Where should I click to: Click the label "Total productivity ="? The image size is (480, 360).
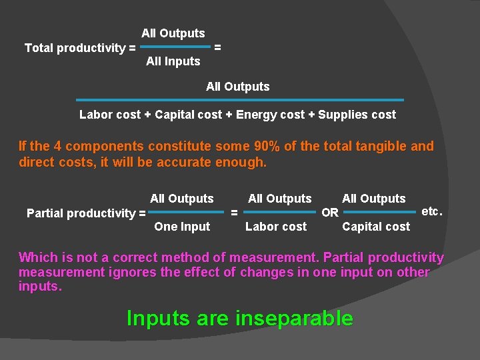coord(80,48)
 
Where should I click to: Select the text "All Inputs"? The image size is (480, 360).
coord(173,61)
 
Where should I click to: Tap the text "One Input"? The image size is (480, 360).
coord(182,227)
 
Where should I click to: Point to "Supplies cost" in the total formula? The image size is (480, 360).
coord(357,115)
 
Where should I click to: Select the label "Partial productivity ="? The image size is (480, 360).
coord(86,213)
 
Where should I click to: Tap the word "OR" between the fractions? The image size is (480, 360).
coord(330,213)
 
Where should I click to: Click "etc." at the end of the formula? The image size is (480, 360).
coord(432,211)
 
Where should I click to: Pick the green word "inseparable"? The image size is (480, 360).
coord(294,319)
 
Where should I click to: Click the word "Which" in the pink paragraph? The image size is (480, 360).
coord(38,257)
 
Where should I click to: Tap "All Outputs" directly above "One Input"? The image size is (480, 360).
coord(182,199)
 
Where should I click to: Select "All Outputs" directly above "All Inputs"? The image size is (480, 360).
coord(173,33)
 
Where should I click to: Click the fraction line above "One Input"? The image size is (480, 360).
coord(185,213)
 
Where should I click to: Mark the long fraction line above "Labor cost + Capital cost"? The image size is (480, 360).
coord(240,100)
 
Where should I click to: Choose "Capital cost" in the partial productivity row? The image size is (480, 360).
coord(376,227)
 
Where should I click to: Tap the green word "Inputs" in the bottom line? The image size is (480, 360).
coord(159,319)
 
